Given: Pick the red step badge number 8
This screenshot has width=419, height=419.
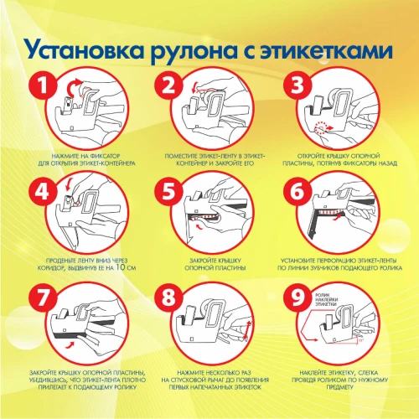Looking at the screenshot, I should point(173,297).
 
